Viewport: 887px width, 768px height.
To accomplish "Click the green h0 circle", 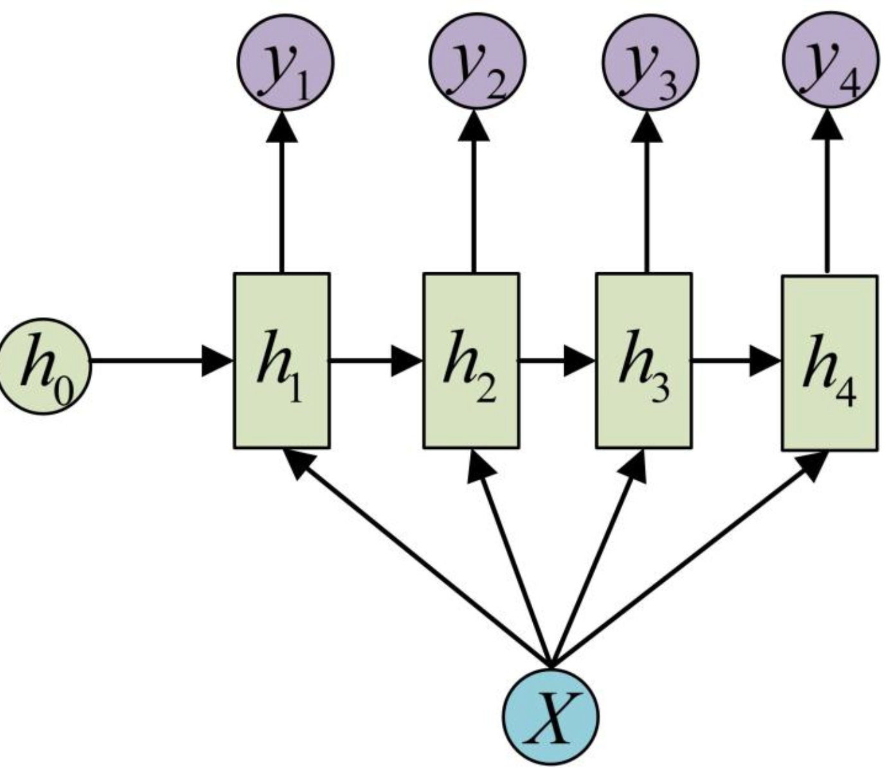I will pyautogui.click(x=44, y=367).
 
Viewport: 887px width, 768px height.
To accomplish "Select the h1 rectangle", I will pyautogui.click(x=282, y=360).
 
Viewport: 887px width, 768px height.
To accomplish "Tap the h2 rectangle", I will pyautogui.click(x=471, y=360).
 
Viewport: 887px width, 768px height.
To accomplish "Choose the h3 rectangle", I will pyautogui.click(x=644, y=360).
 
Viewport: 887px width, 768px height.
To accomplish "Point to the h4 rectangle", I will pyautogui.click(x=829, y=363).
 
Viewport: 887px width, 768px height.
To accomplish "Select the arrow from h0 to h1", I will pyautogui.click(x=161, y=361).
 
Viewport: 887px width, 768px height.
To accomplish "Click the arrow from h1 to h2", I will pyautogui.click(x=376, y=361).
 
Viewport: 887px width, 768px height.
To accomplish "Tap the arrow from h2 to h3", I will pyautogui.click(x=557, y=361).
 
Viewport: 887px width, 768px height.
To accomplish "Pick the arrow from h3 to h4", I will pyautogui.click(x=736, y=361).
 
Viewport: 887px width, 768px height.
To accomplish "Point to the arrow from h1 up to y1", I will pyautogui.click(x=281, y=193).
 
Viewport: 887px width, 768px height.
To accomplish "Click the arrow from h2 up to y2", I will pyautogui.click(x=474, y=193).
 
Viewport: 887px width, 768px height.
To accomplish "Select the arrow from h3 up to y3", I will pyautogui.click(x=647, y=193).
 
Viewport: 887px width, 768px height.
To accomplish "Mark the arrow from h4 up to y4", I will pyautogui.click(x=827, y=193).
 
